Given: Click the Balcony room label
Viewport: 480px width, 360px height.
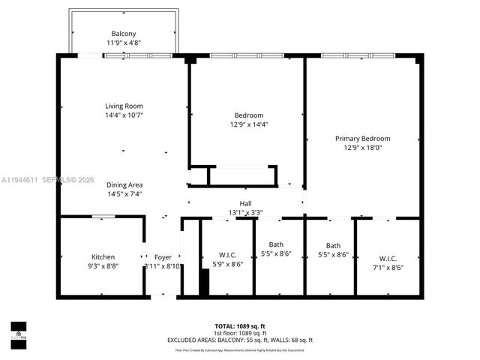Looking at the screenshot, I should (124, 34).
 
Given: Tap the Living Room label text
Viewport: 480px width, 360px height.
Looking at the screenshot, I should (124, 106).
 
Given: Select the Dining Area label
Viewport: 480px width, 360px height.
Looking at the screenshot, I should (124, 184).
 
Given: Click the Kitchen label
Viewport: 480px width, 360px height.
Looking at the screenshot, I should (103, 256).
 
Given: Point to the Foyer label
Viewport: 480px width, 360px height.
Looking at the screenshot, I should (163, 256).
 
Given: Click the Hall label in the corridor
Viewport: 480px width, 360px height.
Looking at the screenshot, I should (245, 203).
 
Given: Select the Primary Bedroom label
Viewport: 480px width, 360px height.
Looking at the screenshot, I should (362, 138).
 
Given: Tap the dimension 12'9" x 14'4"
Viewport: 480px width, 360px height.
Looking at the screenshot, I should (248, 124).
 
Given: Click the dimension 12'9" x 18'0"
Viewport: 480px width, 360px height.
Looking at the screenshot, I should (362, 148).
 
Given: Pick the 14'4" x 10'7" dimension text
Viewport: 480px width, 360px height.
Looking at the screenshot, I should (124, 115).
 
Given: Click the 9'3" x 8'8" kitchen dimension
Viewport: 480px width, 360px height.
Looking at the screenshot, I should (103, 266).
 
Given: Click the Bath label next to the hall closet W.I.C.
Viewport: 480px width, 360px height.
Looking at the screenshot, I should (276, 244).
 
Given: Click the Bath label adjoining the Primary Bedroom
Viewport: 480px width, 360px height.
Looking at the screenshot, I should (333, 245).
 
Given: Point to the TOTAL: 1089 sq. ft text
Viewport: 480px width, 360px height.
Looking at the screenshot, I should (239, 326).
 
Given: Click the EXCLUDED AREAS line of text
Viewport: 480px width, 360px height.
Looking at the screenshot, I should (239, 340).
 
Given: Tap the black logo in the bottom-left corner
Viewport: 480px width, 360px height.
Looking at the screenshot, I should (18, 331).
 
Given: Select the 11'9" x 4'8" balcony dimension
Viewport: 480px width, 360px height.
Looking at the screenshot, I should (124, 43).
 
